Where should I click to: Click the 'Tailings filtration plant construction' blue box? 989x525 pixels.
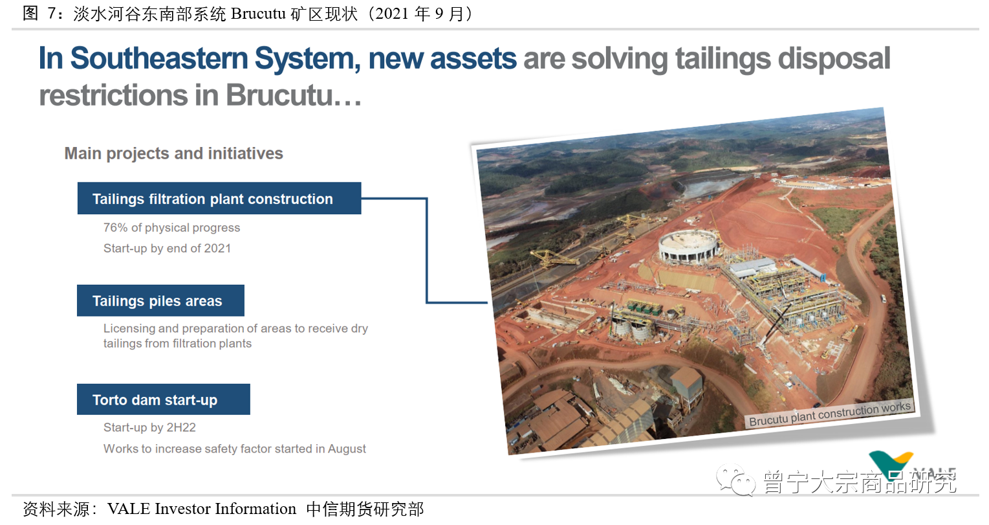pyautogui.click(x=219, y=199)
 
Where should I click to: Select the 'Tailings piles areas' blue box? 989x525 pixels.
pyautogui.click(x=160, y=300)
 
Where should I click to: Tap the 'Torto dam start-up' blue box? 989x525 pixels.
pyautogui.click(x=164, y=399)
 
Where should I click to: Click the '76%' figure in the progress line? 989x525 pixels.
pyautogui.click(x=115, y=228)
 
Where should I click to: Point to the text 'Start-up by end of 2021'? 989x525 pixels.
pyautogui.click(x=167, y=249)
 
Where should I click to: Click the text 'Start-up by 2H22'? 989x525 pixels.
pyautogui.click(x=149, y=427)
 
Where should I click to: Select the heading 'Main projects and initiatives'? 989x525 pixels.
pyautogui.click(x=173, y=153)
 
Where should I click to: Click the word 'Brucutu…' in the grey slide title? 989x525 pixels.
pyautogui.click(x=293, y=95)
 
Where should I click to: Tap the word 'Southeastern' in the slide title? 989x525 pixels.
pyautogui.click(x=159, y=58)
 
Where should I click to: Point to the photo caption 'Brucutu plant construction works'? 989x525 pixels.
pyautogui.click(x=830, y=414)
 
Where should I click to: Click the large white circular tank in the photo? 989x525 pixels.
pyautogui.click(x=688, y=246)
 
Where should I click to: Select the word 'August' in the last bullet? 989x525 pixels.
pyautogui.click(x=347, y=449)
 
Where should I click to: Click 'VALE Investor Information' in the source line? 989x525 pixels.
pyautogui.click(x=202, y=509)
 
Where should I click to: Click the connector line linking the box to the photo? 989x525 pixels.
pyautogui.click(x=426, y=250)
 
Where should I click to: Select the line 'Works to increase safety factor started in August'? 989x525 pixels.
pyautogui.click(x=234, y=449)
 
